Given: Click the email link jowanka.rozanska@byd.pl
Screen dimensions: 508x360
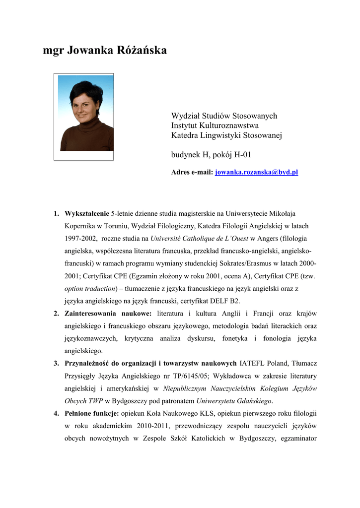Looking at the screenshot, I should [x=256, y=172].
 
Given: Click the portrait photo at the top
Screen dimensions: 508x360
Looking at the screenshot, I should [x=83, y=117].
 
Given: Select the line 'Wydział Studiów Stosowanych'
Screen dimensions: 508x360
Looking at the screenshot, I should [x=224, y=116].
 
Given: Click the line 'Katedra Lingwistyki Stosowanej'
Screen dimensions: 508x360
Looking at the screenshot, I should [x=226, y=135].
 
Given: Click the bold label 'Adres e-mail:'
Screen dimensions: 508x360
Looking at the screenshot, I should [x=192, y=172].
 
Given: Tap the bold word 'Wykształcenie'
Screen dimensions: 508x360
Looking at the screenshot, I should [x=86, y=214].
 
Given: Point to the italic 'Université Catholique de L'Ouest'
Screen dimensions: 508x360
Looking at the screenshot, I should [x=203, y=239].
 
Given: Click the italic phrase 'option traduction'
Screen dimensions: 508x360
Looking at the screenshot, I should [x=89, y=288].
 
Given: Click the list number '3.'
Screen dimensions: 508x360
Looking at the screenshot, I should [x=57, y=363].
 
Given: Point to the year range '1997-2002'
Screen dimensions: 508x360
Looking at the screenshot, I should [x=80, y=239].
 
